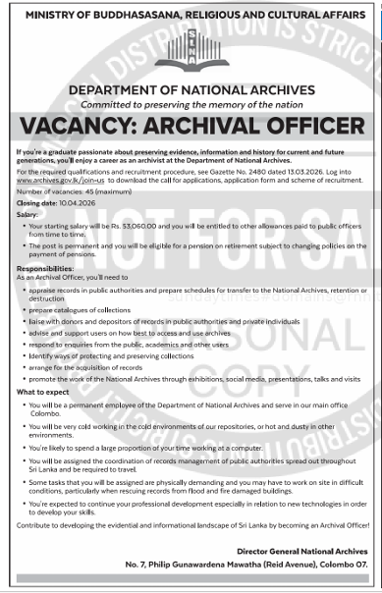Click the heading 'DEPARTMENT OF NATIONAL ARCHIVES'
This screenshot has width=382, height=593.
(191, 90)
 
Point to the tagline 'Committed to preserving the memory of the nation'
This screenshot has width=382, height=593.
(191, 104)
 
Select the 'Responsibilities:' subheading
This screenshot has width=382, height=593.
(45, 266)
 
